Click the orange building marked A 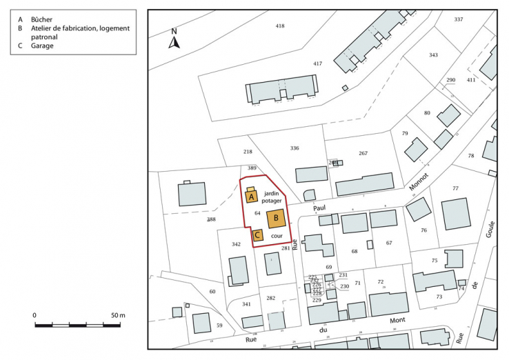point(252,196)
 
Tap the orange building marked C point(257,234)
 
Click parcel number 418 point(279,26)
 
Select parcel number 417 point(317,63)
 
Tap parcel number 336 point(295,148)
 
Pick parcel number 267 point(363,153)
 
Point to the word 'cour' point(276,236)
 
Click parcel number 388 point(211,219)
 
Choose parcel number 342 point(236,245)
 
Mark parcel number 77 point(455,188)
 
